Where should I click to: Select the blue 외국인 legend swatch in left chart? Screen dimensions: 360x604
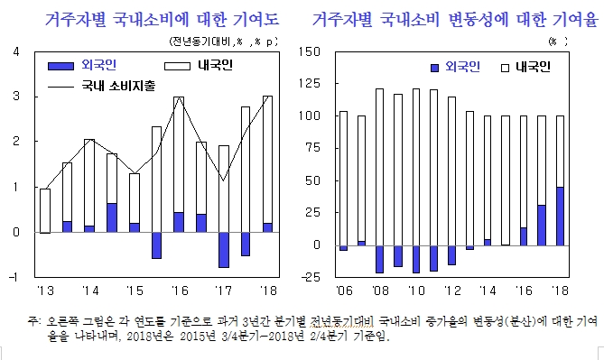coord(60,65)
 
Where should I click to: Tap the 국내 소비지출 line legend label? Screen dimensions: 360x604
coord(116,88)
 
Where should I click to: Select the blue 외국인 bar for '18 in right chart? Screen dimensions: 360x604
coord(561,216)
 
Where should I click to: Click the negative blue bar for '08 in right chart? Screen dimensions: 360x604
coord(379,258)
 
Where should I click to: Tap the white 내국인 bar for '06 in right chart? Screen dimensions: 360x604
coord(342,178)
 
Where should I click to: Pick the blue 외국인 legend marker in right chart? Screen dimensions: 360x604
coord(435,68)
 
